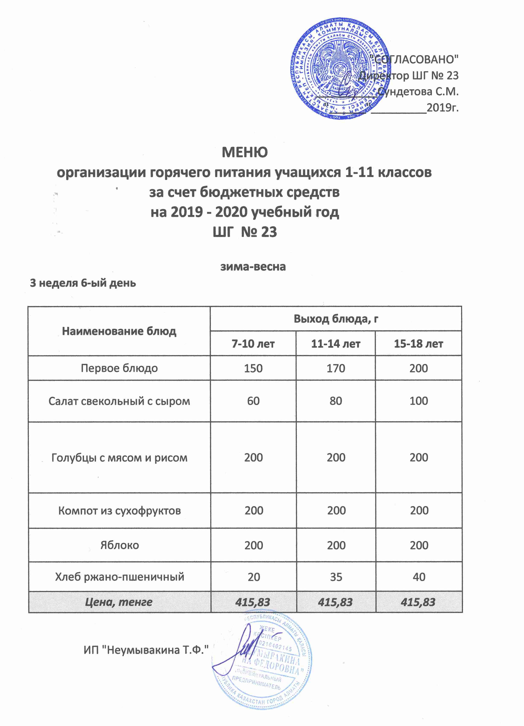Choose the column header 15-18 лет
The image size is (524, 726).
[418, 344]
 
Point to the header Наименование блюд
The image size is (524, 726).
[119, 331]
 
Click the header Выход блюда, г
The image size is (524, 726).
[336, 319]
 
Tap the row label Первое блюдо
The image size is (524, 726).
[119, 368]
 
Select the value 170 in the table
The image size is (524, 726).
[336, 368]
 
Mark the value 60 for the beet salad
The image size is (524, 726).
[253, 401]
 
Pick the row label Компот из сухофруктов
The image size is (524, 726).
[119, 511]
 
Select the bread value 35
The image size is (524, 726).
[336, 577]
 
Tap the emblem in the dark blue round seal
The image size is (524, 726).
[340, 67]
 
